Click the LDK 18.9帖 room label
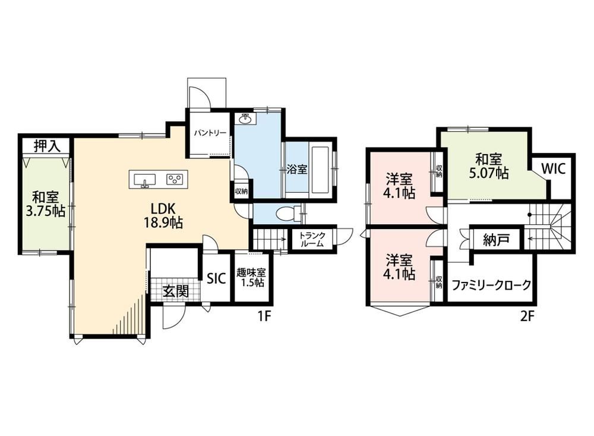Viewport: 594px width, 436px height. [x=163, y=215]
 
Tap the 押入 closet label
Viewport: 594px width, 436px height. [x=46, y=146]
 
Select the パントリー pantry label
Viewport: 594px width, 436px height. [x=210, y=133]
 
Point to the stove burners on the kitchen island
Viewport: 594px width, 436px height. [x=175, y=178]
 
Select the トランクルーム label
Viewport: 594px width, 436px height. [x=312, y=240]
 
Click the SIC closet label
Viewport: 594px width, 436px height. [x=216, y=278]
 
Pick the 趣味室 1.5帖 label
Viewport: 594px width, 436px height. [x=251, y=277]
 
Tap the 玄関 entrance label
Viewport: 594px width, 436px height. [x=175, y=291]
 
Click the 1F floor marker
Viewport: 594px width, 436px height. [x=264, y=316]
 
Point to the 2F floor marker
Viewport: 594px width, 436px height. [x=526, y=316]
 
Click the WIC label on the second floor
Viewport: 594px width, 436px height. [x=553, y=168]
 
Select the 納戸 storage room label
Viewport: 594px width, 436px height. [x=496, y=240]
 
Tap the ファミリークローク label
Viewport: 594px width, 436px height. [x=492, y=284]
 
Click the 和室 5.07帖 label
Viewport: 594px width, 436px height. [x=489, y=166]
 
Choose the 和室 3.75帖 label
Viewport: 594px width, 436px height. [x=45, y=204]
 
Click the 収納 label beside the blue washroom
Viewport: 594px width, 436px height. [x=241, y=192]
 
